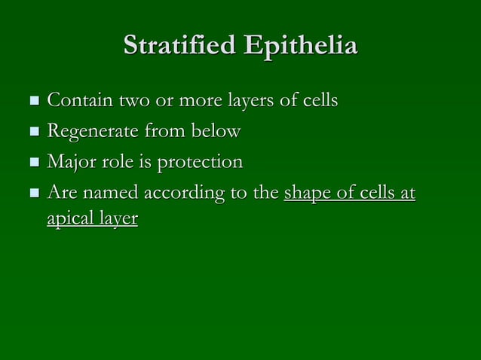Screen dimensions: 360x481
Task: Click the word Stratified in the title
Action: coord(178,46)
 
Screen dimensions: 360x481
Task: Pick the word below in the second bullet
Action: coord(216,131)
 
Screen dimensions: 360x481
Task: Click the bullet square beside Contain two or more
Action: coord(32,100)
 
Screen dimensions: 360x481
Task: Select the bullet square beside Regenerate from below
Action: coord(32,132)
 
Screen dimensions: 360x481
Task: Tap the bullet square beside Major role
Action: coord(32,163)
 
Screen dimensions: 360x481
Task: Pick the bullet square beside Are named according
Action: coord(32,194)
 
